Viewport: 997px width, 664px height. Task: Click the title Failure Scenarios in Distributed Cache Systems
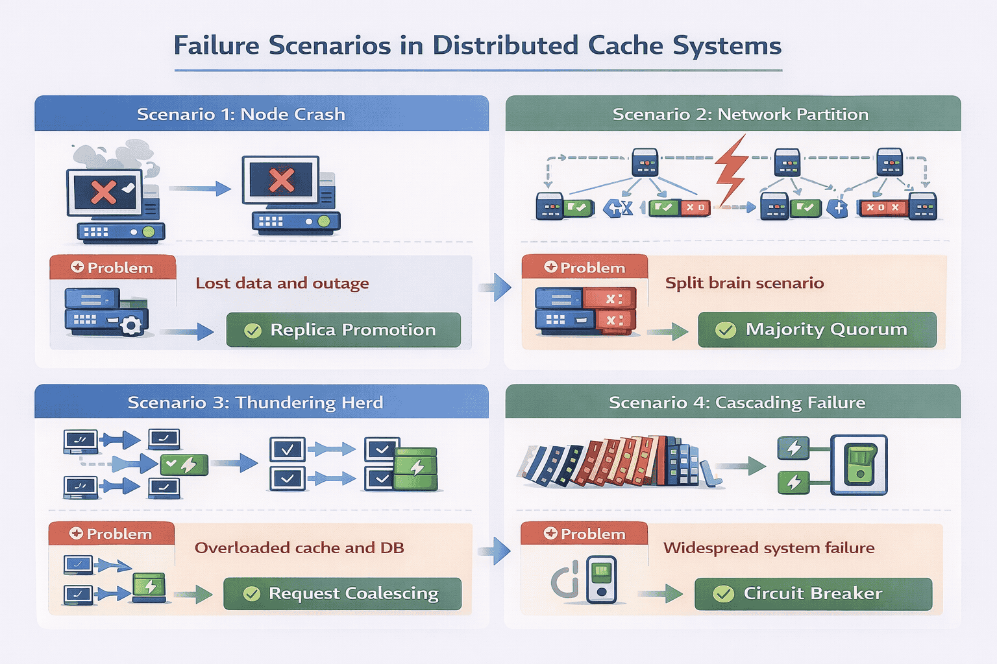[x=477, y=46]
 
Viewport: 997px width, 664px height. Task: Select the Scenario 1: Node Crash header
[x=241, y=114]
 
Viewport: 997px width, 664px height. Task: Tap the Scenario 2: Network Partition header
[x=740, y=114]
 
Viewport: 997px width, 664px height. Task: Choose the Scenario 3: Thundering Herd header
[x=255, y=403]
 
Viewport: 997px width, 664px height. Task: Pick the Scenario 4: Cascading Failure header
[x=737, y=403]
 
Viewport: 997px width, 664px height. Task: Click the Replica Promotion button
[x=343, y=330]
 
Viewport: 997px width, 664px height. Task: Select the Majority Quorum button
[x=817, y=329]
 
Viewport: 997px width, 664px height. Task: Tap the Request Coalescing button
[x=342, y=593]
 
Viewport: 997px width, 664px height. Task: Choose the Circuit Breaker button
[x=813, y=593]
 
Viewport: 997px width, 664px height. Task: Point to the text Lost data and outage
[x=282, y=283]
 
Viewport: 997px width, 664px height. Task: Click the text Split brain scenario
[x=745, y=283]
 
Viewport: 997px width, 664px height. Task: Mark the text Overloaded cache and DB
[x=299, y=548]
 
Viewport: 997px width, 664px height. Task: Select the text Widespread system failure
[x=769, y=548]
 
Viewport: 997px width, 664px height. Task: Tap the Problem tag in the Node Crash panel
[x=112, y=268]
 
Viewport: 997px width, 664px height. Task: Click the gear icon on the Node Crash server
[x=132, y=325]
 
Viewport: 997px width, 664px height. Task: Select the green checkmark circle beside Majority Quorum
[x=725, y=330]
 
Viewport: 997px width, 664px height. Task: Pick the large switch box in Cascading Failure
[x=859, y=464]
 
